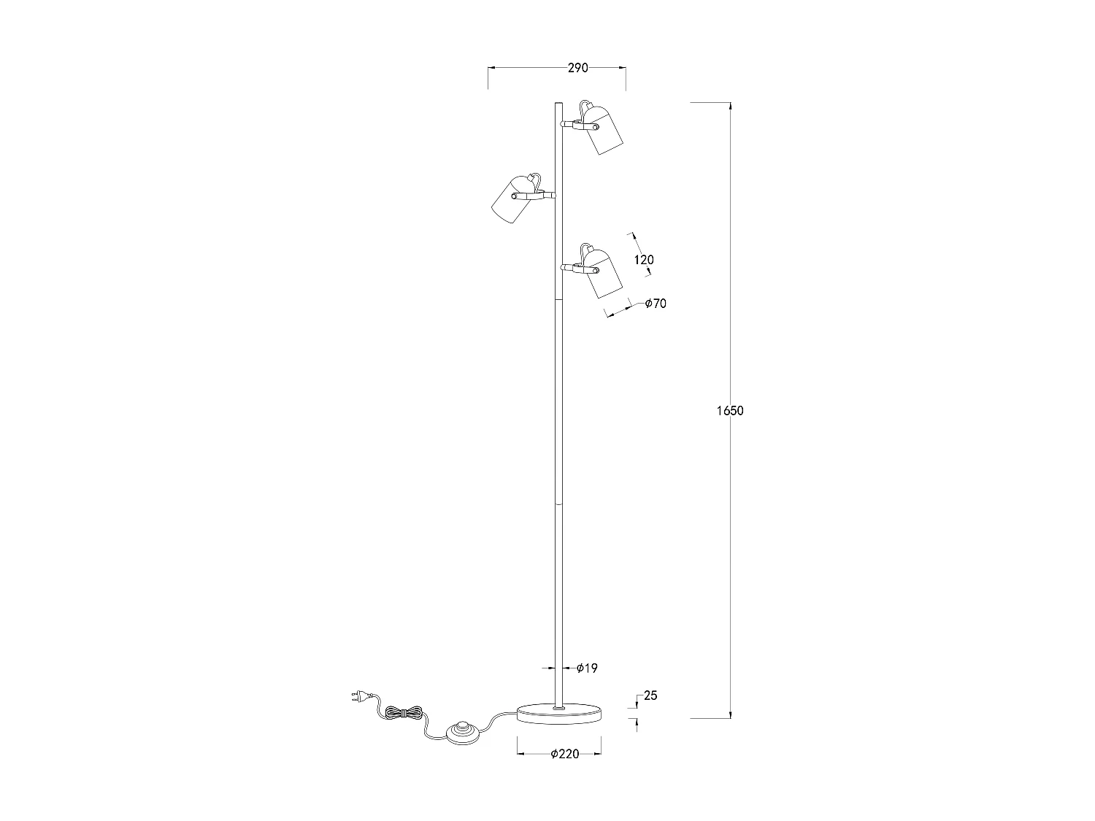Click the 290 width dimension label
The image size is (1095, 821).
pos(577,68)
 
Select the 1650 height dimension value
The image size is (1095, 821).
pos(730,411)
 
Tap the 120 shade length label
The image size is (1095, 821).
pos(644,260)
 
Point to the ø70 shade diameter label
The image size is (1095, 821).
pos(656,304)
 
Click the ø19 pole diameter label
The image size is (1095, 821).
pos(587,668)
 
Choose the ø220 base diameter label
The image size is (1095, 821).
pos(565,754)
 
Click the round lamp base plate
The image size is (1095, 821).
pos(559,713)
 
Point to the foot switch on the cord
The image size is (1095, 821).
pos(461,731)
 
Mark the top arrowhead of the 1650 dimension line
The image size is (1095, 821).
pos(730,107)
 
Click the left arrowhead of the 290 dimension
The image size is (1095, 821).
pos(491,68)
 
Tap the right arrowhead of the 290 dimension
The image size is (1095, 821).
pos(623,68)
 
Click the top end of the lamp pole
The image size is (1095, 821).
pos(558,104)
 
